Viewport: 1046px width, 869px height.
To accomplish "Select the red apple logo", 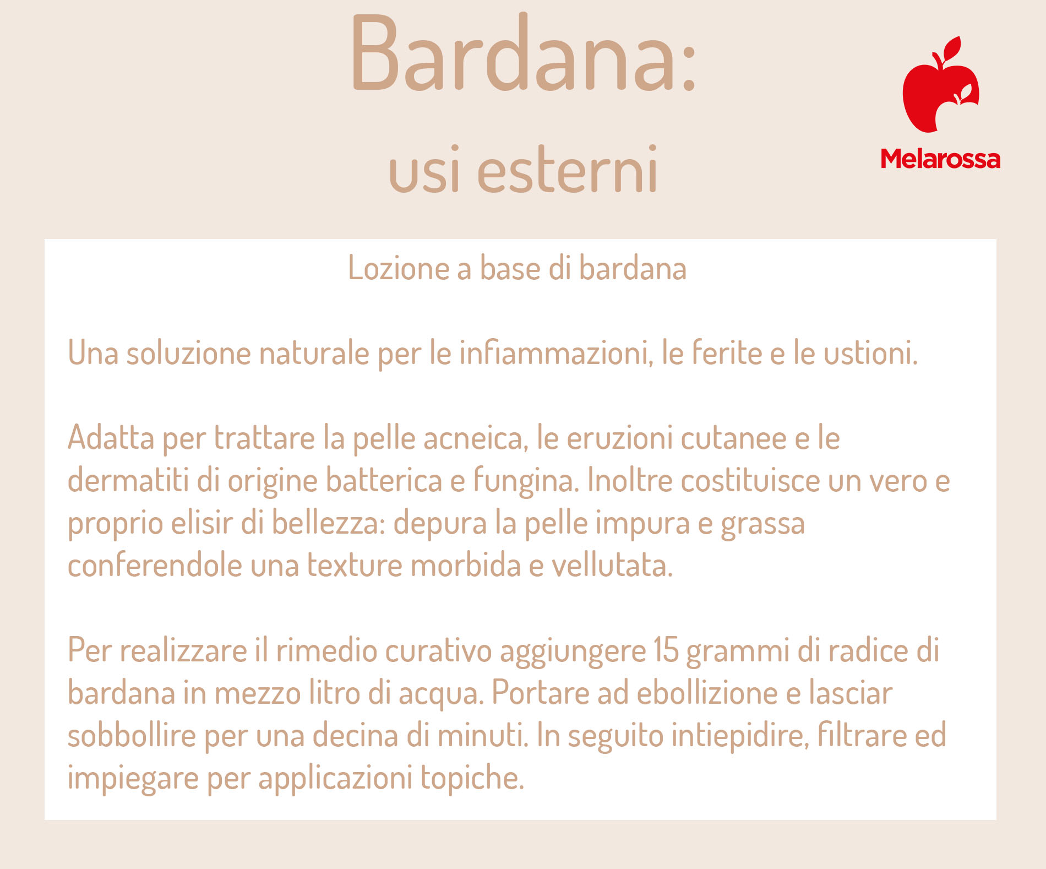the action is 941,85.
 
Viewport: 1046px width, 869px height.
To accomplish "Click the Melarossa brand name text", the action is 940,159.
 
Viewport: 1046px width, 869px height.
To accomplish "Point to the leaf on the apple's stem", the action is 952,47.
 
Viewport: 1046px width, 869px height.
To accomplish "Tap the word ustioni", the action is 870,353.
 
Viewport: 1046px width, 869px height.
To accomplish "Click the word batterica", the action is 384,480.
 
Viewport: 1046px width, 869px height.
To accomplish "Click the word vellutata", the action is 612,565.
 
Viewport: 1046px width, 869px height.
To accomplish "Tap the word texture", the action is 355,566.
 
